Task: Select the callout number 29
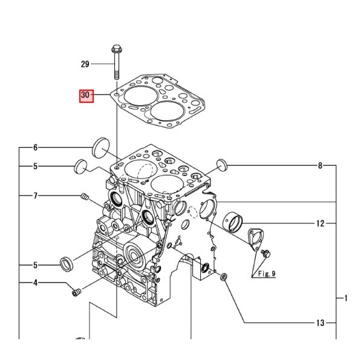point(85,64)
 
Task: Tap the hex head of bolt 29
point(117,49)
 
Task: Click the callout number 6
point(36,147)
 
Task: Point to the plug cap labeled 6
point(101,148)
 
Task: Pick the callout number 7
point(36,196)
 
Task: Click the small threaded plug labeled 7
point(85,197)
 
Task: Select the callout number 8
point(320,165)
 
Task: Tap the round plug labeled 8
point(222,165)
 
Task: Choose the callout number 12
point(320,223)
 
